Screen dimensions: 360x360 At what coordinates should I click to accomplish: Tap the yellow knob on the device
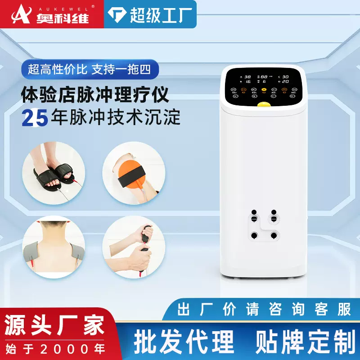pyautogui.click(x=264, y=105)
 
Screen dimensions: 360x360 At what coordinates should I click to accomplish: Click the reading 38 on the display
pyautogui.click(x=248, y=77)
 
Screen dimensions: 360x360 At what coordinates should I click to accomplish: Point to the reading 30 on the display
pyautogui.click(x=285, y=77)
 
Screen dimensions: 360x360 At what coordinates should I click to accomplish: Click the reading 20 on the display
pyautogui.click(x=285, y=81)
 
